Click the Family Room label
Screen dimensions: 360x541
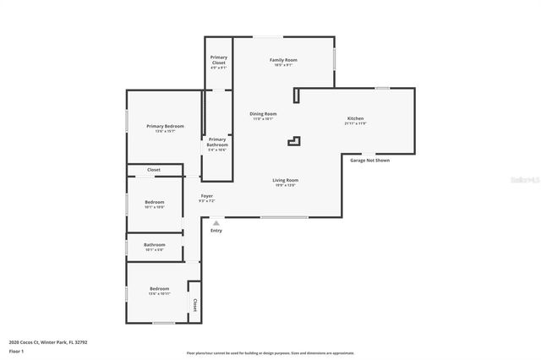282,60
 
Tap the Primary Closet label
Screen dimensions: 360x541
218,60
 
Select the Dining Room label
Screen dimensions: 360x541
263,114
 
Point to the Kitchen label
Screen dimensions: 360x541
356,118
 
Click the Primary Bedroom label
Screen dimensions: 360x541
165,127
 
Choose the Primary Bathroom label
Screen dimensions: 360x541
217,142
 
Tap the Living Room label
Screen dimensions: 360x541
285,180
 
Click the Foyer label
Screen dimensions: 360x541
206,196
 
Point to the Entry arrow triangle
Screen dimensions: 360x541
216,223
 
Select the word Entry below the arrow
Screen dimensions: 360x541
216,231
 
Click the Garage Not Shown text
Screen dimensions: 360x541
369,160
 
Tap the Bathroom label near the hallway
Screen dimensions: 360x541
154,245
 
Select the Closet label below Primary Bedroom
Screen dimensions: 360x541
154,170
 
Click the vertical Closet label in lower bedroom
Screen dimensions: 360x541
194,304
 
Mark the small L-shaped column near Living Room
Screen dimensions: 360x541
293,140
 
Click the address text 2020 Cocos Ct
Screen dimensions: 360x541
48,342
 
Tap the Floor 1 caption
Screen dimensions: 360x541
16,350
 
